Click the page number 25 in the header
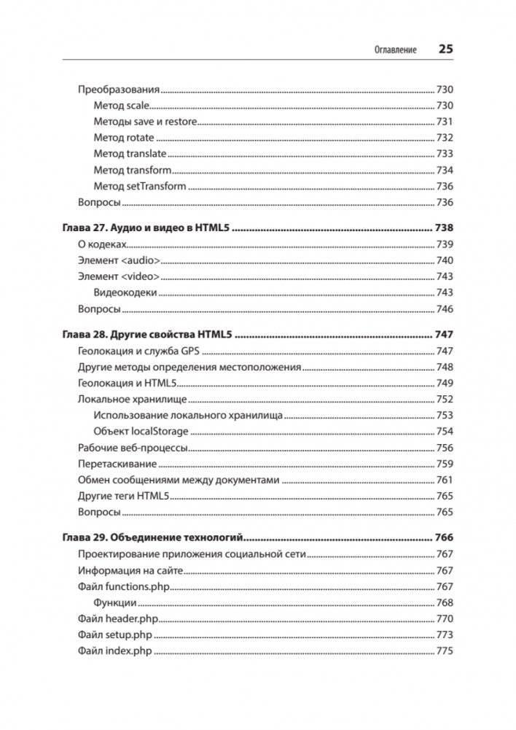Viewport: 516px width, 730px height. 445,50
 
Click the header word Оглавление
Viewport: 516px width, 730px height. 394,50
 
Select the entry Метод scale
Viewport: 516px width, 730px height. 122,106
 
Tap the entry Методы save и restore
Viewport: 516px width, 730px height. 146,122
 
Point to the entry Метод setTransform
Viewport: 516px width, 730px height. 140,186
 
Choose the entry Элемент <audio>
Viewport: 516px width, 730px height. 119,260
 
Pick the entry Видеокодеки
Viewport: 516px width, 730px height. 125,292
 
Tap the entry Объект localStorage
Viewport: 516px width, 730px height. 141,431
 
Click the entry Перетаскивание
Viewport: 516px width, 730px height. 117,464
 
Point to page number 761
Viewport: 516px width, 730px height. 445,480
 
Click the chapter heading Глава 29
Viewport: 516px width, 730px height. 152,538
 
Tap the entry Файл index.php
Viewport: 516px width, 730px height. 114,651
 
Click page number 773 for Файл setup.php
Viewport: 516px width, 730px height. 445,634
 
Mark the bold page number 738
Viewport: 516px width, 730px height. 444,228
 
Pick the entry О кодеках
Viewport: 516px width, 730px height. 102,244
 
